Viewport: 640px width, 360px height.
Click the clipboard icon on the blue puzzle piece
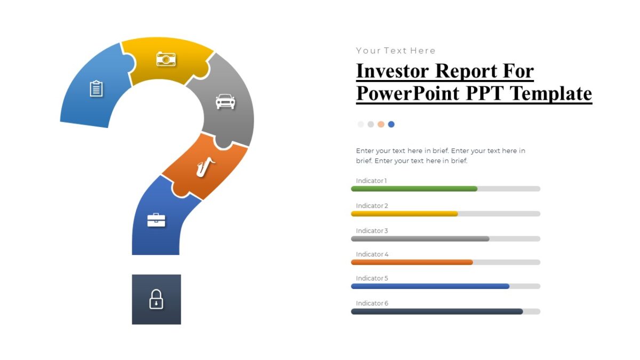(x=96, y=89)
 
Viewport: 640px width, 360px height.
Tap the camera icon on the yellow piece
(x=166, y=59)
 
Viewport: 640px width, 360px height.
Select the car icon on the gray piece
(x=225, y=101)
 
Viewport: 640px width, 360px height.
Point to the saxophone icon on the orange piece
(x=205, y=167)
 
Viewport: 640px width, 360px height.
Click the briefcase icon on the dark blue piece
(x=156, y=220)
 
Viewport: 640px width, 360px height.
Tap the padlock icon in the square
(x=156, y=299)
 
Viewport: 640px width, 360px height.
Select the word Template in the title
(x=551, y=93)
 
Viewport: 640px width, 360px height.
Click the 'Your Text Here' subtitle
(x=396, y=51)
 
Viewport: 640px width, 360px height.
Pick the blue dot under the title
(x=391, y=124)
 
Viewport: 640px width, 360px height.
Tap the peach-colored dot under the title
(x=381, y=124)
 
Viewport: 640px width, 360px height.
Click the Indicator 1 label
(x=371, y=181)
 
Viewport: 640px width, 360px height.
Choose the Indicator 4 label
(x=372, y=254)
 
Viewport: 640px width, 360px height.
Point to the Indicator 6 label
(x=372, y=303)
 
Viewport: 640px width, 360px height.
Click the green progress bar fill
(x=414, y=189)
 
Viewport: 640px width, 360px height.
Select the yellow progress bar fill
(x=404, y=214)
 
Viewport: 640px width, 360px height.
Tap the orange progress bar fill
(x=412, y=262)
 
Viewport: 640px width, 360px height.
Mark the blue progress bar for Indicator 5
(x=430, y=286)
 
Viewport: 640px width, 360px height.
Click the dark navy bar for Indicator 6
(x=437, y=311)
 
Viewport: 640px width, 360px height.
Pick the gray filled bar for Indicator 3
(x=420, y=239)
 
